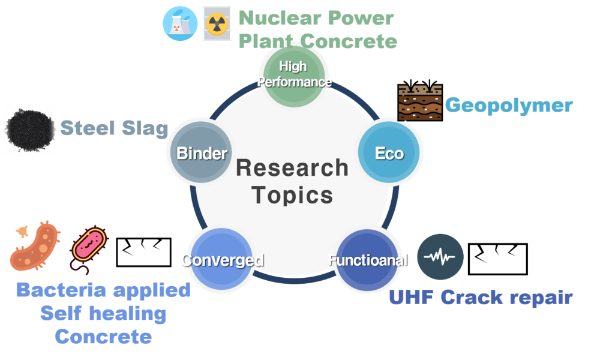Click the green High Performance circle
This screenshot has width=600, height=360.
[293, 74]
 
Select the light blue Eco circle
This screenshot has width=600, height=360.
[389, 153]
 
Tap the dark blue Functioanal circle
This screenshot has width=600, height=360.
[366, 259]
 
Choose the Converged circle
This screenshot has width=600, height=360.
[221, 259]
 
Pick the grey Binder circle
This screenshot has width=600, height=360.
[201, 153]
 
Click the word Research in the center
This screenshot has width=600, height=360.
[292, 167]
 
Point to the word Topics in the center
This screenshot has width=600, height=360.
[292, 195]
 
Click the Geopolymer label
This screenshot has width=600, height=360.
[508, 106]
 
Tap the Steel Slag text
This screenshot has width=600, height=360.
[114, 128]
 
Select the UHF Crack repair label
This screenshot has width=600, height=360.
[481, 298]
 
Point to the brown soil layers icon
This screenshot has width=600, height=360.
[420, 103]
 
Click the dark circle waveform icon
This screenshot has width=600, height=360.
[440, 257]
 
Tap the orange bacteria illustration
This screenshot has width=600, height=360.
[35, 245]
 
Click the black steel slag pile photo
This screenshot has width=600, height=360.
[29, 130]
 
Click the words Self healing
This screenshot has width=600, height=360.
[103, 313]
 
